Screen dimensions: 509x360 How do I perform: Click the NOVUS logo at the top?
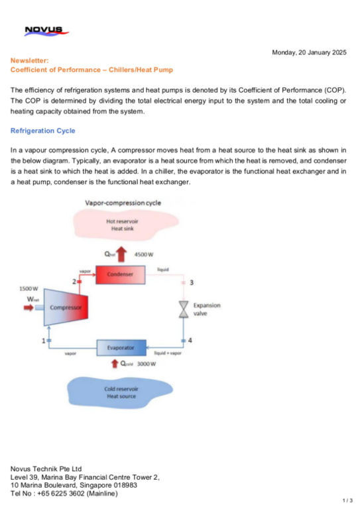[42, 30]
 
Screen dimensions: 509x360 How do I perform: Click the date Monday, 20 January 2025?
[309, 52]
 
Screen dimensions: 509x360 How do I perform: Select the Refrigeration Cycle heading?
[42, 131]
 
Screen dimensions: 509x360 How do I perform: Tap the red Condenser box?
[121, 273]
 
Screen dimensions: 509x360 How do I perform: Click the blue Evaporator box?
[121, 347]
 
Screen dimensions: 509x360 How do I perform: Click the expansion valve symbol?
[184, 310]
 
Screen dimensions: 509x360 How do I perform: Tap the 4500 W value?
[145, 254]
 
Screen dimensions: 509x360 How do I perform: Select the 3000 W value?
[145, 363]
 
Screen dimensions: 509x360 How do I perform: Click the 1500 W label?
[30, 288]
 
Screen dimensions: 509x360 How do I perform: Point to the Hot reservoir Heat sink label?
[121, 223]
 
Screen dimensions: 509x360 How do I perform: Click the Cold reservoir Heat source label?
[121, 392]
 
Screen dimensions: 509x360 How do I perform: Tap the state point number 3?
[192, 283]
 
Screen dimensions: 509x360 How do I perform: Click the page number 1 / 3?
[347, 500]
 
